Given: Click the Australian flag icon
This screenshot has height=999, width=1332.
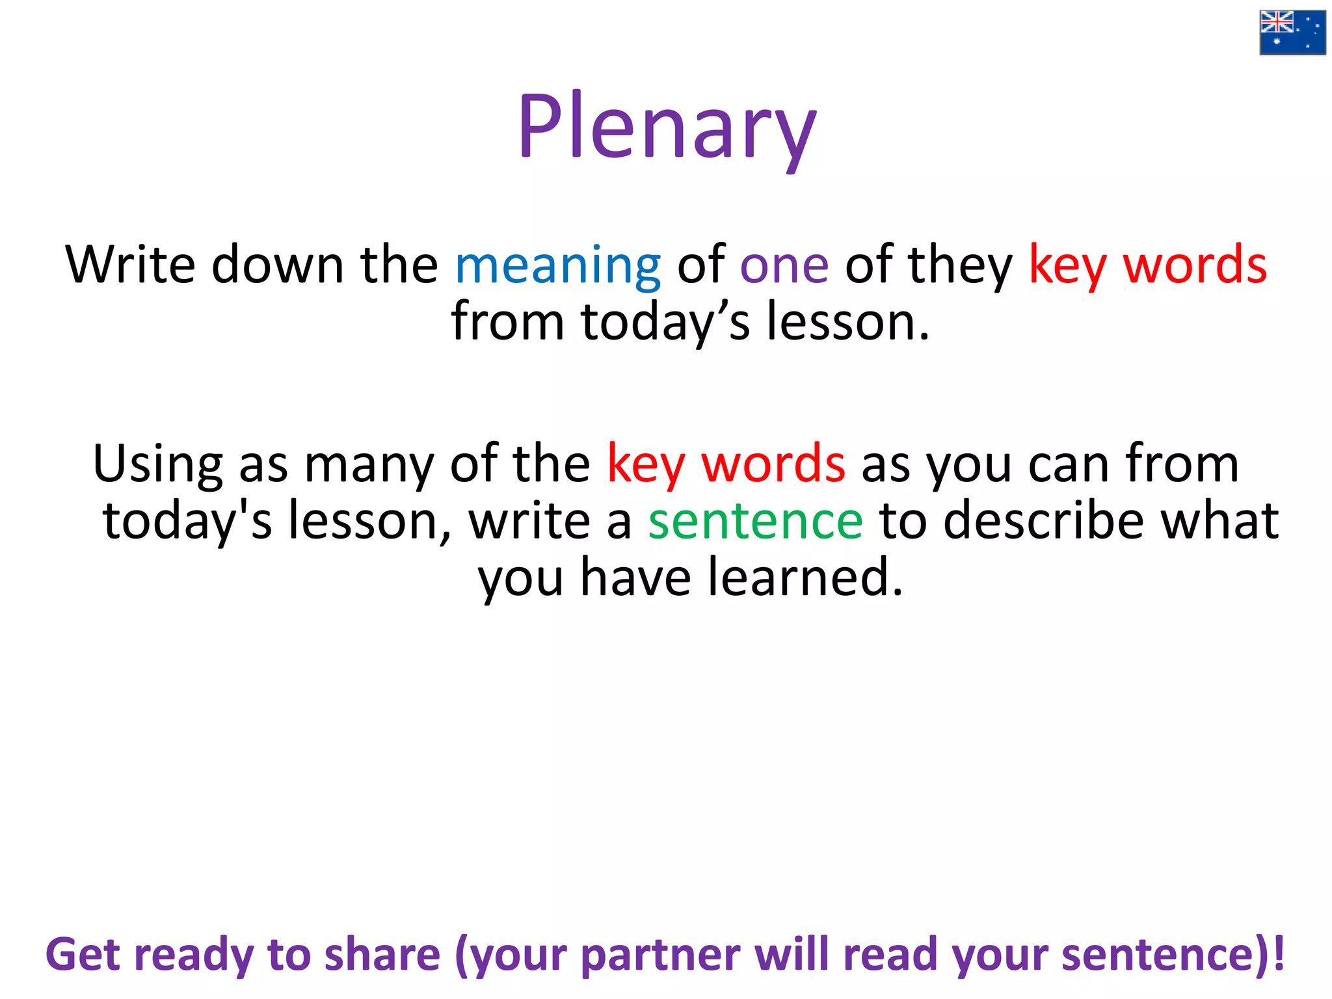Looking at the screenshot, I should coord(1292,33).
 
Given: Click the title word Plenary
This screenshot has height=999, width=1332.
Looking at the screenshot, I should coord(666,127).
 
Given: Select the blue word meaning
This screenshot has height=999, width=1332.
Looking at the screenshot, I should coord(557,265).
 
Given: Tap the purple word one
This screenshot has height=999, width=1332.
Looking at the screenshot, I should coord(784,265).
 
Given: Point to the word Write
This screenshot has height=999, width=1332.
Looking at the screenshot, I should coord(130,265).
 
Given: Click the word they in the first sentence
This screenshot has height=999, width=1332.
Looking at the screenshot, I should coord(960,266).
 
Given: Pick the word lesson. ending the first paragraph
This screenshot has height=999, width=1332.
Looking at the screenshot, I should coord(848,321).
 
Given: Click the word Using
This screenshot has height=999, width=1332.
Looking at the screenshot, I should coord(157,464).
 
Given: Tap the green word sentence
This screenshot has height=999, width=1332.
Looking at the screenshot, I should coord(755,521).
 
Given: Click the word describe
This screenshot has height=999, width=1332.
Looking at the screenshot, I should coord(1043,521).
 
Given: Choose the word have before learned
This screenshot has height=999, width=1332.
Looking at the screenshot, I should coord(635,577).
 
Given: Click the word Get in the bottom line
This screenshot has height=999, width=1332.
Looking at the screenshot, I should coord(83,955).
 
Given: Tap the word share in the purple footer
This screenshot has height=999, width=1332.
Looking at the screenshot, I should coord(382,955).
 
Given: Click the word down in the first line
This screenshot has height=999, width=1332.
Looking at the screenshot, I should coord(278,265).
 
